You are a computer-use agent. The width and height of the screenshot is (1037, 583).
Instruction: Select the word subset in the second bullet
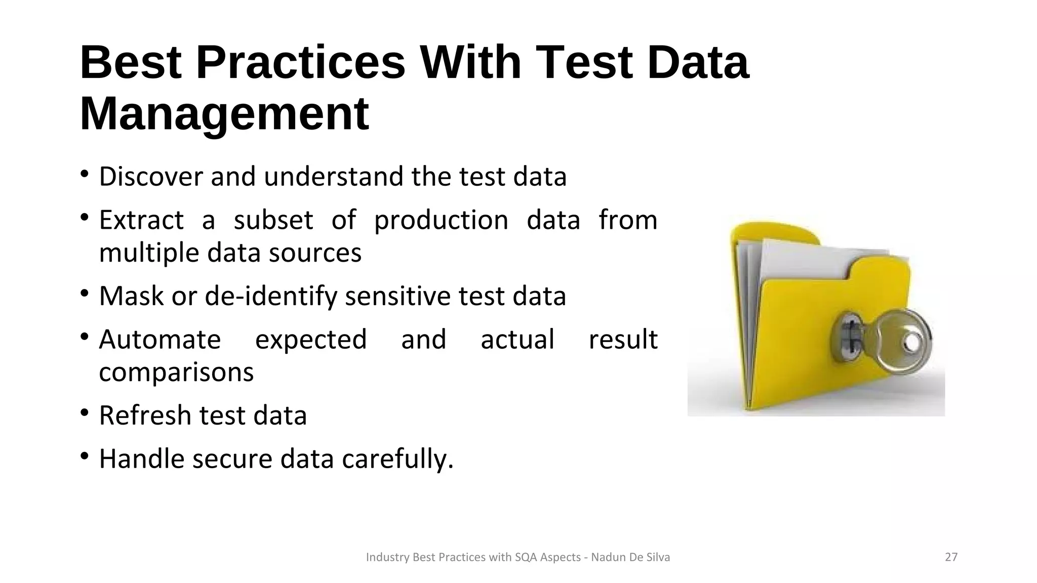[x=273, y=220]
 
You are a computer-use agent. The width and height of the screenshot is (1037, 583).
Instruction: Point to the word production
[x=441, y=220]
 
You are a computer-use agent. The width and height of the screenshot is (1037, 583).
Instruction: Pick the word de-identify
[x=271, y=296]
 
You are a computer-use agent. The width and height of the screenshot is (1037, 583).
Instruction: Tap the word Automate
[x=160, y=339]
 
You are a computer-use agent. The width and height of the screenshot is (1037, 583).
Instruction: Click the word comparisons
[x=176, y=372]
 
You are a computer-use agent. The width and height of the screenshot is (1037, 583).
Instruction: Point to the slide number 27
[x=951, y=557]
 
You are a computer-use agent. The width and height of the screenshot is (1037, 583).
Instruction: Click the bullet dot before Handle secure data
[x=85, y=456]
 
